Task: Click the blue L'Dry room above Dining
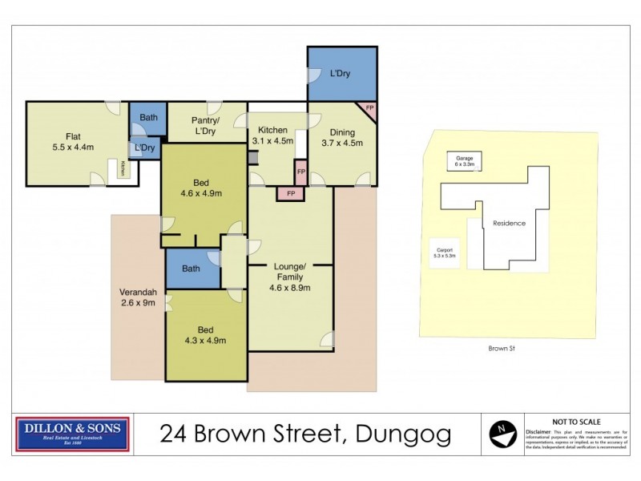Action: pos(342,74)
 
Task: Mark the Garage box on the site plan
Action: pos(465,161)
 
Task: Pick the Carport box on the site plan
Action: pos(443,253)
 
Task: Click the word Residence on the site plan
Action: pos(509,223)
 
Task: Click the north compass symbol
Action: pos(502,435)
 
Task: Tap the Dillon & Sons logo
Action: pos(72,434)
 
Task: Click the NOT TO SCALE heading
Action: pos(576,421)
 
